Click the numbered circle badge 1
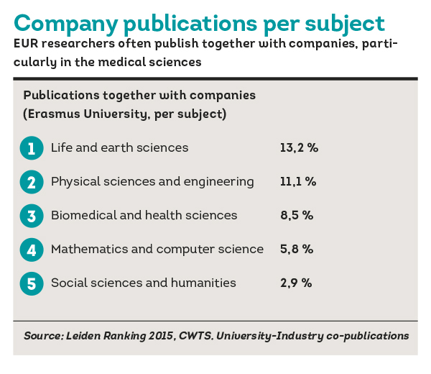coord(31,148)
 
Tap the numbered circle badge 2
coord(31,182)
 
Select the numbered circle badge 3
coord(31,216)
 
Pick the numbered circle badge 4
coord(31,250)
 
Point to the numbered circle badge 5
coord(31,283)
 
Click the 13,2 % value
coord(299,148)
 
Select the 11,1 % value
coord(298,182)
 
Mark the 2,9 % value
coord(296,283)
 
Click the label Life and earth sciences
coord(119,148)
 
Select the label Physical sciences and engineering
coord(152,182)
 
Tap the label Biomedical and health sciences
coord(144,216)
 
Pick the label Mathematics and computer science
coord(157,250)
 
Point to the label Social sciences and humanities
coord(143,283)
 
